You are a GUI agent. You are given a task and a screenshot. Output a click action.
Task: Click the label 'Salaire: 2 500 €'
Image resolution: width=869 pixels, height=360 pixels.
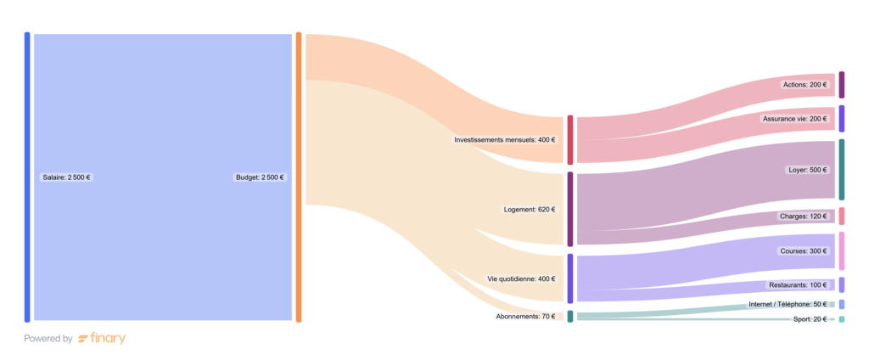click(67, 177)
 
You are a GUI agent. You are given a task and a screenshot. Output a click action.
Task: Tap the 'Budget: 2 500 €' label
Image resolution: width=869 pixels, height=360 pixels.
click(260, 177)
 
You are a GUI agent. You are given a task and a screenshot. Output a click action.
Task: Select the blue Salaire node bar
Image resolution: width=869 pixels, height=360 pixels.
click(27, 177)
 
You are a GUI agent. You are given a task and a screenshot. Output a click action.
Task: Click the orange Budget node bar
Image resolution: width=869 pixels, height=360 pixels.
click(299, 177)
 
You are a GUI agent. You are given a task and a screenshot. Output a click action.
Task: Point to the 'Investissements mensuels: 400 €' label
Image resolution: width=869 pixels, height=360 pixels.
click(504, 140)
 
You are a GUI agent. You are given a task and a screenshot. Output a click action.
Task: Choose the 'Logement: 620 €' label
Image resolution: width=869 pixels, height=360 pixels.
click(531, 209)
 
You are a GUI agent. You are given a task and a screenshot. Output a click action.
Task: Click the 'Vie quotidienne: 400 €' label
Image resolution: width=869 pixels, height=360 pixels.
click(521, 278)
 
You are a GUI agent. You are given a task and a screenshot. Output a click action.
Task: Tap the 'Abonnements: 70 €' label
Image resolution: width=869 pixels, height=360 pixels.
click(525, 317)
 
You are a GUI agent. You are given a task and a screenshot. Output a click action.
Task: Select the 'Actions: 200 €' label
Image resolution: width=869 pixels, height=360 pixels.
click(805, 85)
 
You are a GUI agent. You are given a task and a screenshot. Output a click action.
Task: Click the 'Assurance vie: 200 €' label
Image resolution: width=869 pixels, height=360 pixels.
click(794, 119)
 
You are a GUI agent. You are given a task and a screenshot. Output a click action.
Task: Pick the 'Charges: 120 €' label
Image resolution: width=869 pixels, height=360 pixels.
click(803, 217)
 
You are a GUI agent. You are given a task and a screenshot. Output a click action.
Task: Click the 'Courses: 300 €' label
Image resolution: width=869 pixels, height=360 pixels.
click(803, 251)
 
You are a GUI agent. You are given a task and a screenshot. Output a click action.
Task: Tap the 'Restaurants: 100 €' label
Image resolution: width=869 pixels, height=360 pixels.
click(797, 285)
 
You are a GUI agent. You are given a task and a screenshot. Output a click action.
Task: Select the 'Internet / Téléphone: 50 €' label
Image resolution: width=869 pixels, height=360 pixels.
click(787, 304)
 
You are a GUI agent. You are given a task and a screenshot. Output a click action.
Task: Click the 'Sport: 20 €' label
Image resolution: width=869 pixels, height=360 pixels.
click(810, 319)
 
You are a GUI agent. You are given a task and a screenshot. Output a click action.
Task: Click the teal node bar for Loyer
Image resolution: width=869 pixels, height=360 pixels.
click(841, 170)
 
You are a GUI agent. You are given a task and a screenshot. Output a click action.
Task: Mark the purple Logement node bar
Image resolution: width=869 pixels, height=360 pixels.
click(570, 209)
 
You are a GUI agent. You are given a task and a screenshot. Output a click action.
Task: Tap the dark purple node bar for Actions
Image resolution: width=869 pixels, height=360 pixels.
click(841, 85)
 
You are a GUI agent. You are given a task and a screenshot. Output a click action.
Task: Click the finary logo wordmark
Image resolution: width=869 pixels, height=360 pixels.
click(102, 339)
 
